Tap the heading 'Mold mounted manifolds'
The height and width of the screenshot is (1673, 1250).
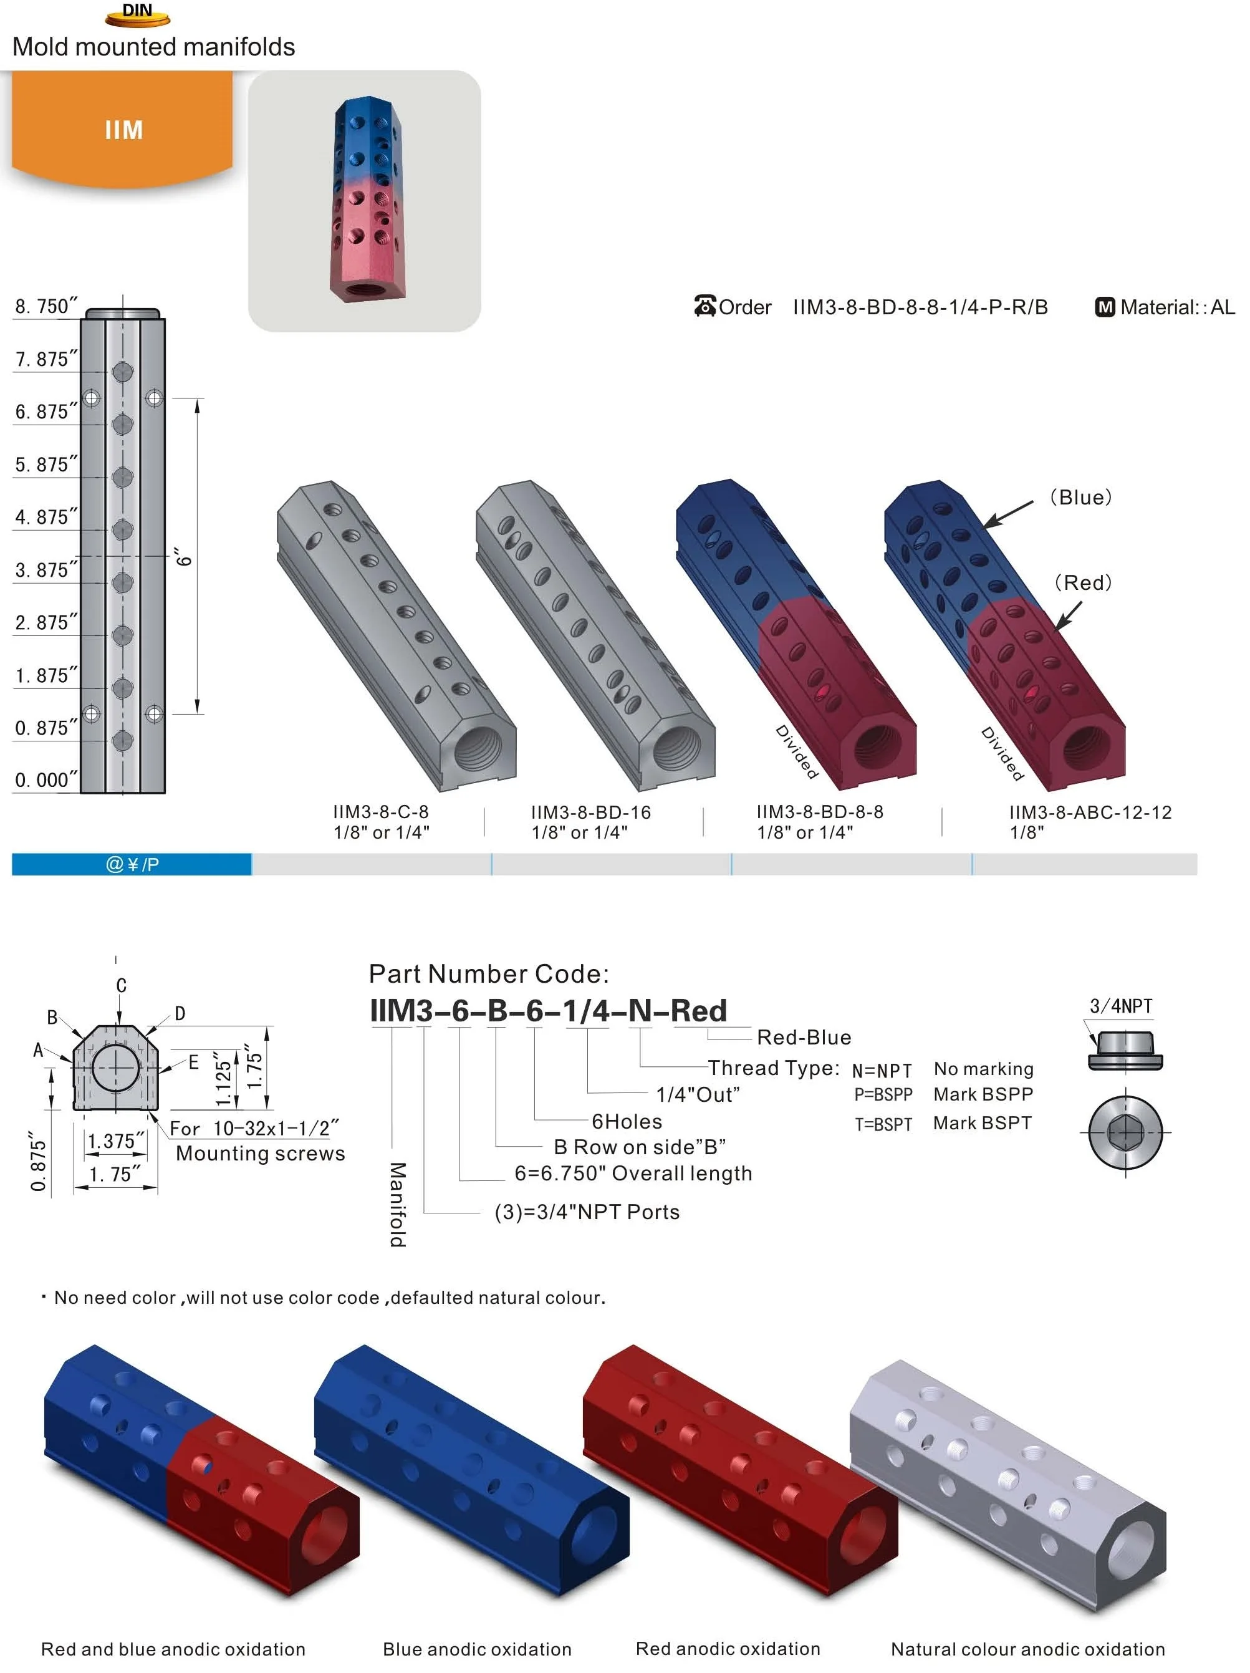click(x=153, y=47)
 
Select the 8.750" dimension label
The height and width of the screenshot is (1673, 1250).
click(x=46, y=306)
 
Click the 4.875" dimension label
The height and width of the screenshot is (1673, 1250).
click(x=46, y=516)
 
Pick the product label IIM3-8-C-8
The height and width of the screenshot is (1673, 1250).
click(x=380, y=811)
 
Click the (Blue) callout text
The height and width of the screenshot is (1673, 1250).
click(x=1080, y=497)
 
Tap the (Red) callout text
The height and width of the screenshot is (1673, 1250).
click(x=1083, y=582)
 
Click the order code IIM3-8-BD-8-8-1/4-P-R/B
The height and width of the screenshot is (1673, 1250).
click(x=920, y=307)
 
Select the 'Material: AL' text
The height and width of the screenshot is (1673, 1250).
click(x=1176, y=307)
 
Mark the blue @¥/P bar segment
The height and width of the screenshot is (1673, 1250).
click(x=132, y=864)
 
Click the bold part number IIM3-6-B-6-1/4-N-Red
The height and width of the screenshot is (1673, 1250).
click(x=547, y=1010)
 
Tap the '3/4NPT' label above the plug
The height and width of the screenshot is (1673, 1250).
click(x=1121, y=1006)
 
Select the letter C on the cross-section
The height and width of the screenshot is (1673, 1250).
click(x=121, y=985)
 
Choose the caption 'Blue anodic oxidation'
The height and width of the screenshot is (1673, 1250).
click(x=476, y=1649)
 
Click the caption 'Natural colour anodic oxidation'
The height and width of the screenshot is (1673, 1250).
click(x=1027, y=1649)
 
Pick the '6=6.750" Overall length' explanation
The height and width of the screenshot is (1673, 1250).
click(x=633, y=1173)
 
